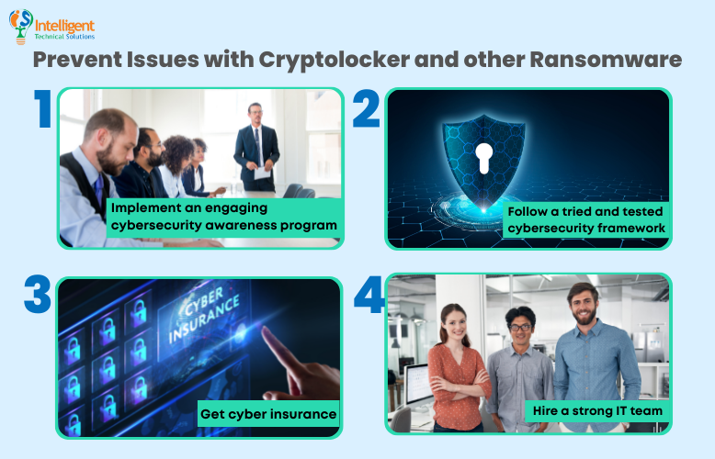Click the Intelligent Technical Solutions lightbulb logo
click(20, 27)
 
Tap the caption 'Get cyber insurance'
click(268, 414)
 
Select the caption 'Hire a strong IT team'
click(596, 410)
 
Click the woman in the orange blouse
click(454, 367)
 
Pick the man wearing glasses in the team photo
click(519, 367)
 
